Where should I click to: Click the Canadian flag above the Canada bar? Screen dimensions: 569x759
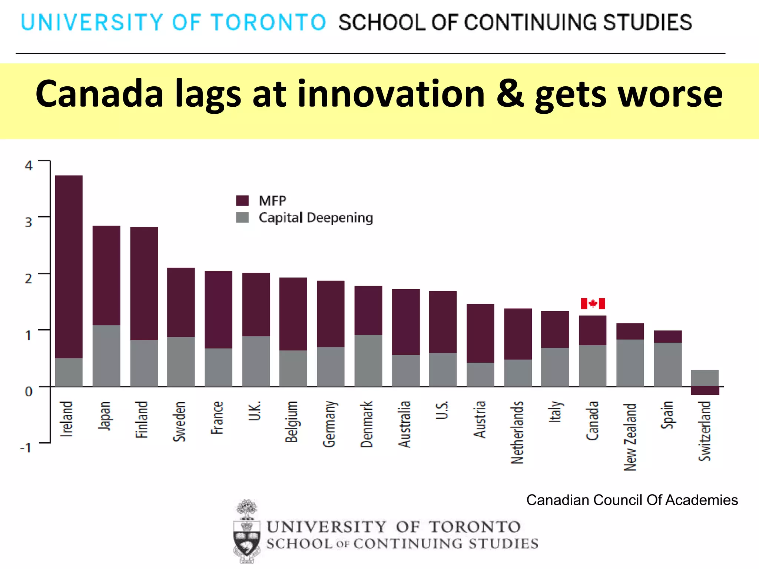point(593,304)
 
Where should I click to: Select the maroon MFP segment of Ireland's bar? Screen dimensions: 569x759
point(69,267)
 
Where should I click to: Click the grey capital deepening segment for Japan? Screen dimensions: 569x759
point(106,356)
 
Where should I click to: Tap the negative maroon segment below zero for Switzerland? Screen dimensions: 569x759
point(705,391)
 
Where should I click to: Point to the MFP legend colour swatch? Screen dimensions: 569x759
point(242,201)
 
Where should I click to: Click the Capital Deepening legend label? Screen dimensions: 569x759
point(316,217)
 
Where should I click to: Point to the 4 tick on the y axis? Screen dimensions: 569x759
point(29,166)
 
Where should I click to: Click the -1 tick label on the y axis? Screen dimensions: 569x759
point(26,448)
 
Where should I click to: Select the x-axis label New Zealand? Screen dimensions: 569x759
point(630,437)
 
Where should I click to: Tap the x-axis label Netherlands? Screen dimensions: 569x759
point(517,432)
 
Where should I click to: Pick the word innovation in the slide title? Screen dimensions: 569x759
point(391,94)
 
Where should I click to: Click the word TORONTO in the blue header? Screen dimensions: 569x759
point(268,22)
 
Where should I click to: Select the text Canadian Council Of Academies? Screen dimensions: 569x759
point(632,500)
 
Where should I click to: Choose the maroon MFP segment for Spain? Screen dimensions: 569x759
point(667,336)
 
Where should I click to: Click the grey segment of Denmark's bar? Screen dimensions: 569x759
point(368,360)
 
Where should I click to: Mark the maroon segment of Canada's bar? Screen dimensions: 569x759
point(592,330)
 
